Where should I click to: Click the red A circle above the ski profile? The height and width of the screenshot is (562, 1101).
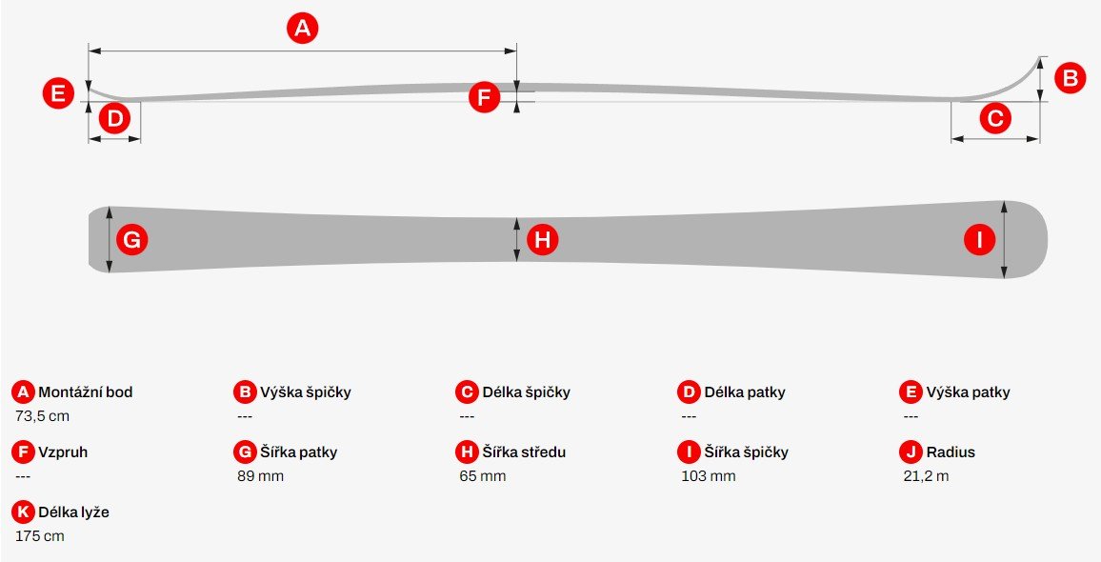point(302,29)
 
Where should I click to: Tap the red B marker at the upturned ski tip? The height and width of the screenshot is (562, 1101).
point(1071,78)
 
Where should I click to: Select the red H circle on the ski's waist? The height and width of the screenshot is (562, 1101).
point(542,240)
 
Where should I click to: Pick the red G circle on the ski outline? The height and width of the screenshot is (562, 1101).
point(132,240)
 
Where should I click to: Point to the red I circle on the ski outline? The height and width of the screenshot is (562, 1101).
point(979,240)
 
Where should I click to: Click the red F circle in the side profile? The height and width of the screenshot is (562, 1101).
point(484,97)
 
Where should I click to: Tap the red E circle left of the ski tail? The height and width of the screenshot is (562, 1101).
point(58,93)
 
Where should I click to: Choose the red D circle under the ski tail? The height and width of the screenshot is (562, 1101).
point(114,118)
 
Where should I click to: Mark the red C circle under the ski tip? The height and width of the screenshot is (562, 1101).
point(995,118)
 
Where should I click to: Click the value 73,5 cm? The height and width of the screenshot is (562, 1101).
point(42,416)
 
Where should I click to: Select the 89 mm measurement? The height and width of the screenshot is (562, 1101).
point(261,476)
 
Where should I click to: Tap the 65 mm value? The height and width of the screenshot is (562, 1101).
point(482,476)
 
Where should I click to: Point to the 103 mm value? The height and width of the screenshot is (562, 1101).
point(709,476)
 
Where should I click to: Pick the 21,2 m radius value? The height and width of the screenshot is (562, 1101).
point(926,476)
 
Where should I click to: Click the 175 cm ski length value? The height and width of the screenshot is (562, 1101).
point(39,536)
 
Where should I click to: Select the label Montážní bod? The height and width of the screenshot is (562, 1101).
point(86,392)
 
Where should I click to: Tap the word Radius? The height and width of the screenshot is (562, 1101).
point(951,452)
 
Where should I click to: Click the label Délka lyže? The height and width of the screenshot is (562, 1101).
point(73,512)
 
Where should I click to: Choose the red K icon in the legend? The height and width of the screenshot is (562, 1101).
point(23,512)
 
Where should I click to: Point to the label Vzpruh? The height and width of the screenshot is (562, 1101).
point(63,452)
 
